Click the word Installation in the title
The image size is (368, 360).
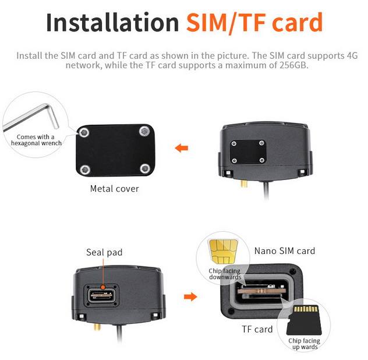112,23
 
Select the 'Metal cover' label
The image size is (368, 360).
115,188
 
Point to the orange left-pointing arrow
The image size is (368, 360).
182,148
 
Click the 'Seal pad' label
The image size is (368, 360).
105,252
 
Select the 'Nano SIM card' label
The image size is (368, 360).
284,251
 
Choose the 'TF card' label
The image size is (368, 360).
257,329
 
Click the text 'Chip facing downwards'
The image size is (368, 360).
224,274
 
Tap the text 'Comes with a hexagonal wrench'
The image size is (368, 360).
36,140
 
